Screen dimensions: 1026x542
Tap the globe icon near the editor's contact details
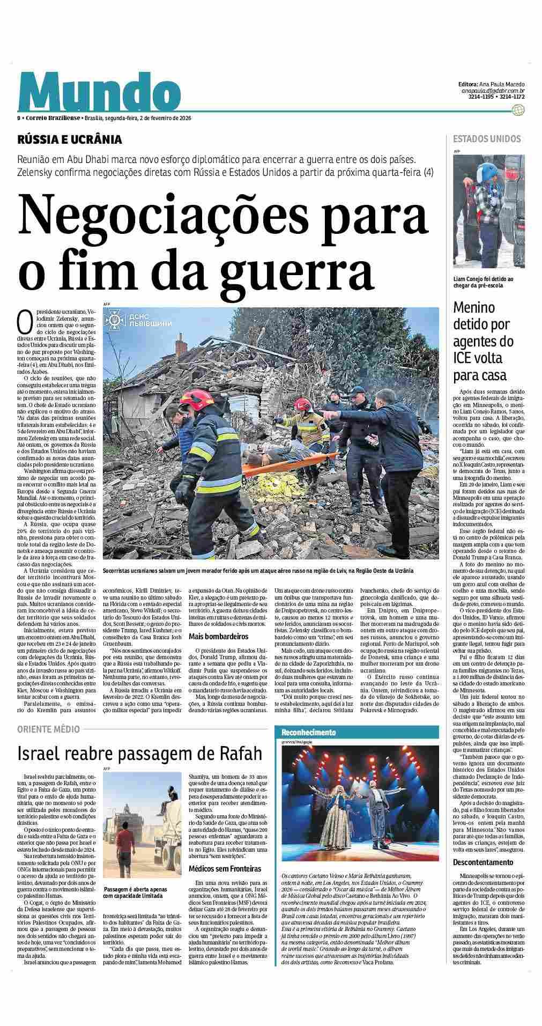point(518,110)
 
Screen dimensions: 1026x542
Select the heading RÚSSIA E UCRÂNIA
point(70,140)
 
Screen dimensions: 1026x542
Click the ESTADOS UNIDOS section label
point(487,139)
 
